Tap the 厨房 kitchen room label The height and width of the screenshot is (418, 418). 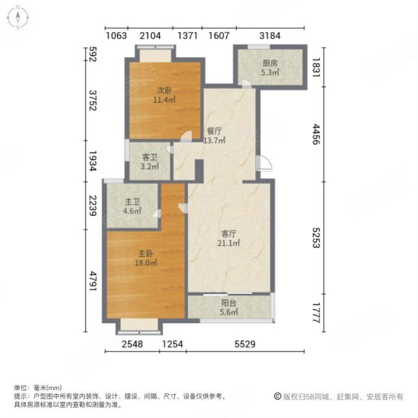pos(269,63)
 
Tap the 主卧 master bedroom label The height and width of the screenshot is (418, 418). pos(145,254)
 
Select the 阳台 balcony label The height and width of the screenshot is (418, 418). pos(229,304)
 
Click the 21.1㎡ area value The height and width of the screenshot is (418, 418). pos(230,244)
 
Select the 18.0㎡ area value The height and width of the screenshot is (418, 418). pos(145,263)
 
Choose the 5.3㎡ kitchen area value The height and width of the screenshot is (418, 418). pos(269,72)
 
